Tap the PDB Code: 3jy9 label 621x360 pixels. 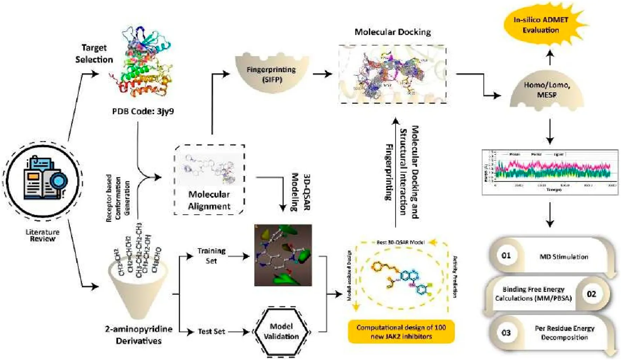143,111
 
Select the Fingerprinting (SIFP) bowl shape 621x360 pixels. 272,74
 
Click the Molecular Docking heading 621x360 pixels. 393,32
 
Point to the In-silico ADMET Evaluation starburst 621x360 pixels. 541,25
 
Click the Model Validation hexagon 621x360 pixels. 281,331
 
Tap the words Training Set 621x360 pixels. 211,256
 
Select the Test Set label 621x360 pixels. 211,331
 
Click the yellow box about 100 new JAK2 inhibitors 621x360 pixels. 401,332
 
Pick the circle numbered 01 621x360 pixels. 506,256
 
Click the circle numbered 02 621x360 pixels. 591,294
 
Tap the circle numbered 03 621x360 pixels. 506,333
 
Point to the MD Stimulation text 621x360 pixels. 564,257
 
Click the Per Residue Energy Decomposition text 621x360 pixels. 564,333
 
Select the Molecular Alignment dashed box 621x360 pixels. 209,179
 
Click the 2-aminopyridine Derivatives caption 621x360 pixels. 139,335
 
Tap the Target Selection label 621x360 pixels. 94,54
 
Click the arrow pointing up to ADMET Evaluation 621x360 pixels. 550,57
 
